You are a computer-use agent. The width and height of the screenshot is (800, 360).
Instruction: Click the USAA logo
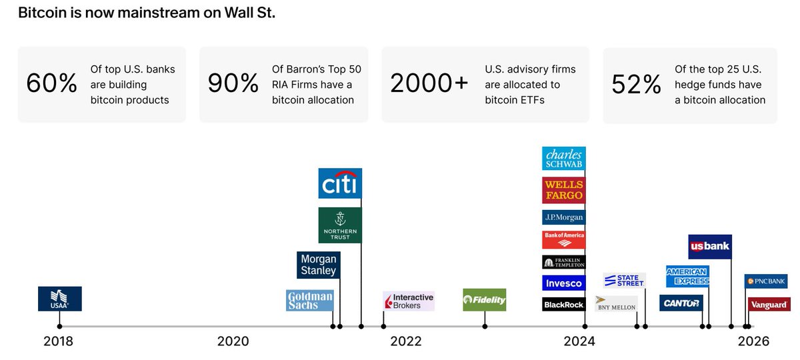pyautogui.click(x=60, y=299)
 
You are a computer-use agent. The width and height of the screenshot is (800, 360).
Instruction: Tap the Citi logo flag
pyautogui.click(x=340, y=183)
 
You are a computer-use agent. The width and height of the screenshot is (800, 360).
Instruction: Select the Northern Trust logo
pyautogui.click(x=340, y=225)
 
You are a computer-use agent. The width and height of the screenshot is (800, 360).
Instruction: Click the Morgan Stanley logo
pyautogui.click(x=319, y=265)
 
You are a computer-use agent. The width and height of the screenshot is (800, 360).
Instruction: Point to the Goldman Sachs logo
pyautogui.click(x=310, y=300)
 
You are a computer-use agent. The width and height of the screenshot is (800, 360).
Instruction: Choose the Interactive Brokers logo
pyautogui.click(x=409, y=301)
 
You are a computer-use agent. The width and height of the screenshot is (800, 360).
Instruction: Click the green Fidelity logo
pyautogui.click(x=485, y=300)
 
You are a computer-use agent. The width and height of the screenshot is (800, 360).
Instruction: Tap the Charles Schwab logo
pyautogui.click(x=564, y=159)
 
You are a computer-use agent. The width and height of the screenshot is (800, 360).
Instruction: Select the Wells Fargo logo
pyautogui.click(x=564, y=190)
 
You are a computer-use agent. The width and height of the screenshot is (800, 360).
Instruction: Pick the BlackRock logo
pyautogui.click(x=564, y=304)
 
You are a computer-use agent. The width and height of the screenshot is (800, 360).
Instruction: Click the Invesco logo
pyautogui.click(x=564, y=283)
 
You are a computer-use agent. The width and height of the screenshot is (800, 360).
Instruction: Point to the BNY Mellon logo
pyautogui.click(x=615, y=304)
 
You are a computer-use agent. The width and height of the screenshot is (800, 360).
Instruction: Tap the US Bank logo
pyautogui.click(x=710, y=247)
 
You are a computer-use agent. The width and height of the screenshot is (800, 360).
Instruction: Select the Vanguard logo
pyautogui.click(x=769, y=305)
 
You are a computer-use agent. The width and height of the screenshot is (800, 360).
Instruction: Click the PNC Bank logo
pyautogui.click(x=766, y=281)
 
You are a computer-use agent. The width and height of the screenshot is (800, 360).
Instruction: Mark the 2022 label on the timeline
pyautogui.click(x=405, y=341)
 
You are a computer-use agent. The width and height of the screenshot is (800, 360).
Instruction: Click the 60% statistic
pyautogui.click(x=51, y=85)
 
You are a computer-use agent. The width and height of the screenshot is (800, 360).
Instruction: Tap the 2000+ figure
pyautogui.click(x=429, y=85)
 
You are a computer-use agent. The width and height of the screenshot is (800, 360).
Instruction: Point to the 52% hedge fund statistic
pyautogui.click(x=636, y=85)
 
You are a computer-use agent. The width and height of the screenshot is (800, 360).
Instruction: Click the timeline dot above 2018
pyautogui.click(x=60, y=326)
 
